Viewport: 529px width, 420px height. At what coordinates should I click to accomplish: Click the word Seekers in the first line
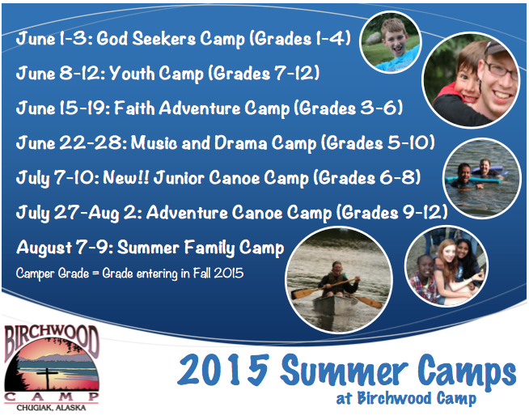tap(163, 38)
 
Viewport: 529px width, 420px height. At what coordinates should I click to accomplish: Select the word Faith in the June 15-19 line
tap(134, 108)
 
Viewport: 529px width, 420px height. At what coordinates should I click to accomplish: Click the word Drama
tap(241, 142)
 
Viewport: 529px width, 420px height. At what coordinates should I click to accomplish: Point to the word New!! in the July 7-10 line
tap(126, 177)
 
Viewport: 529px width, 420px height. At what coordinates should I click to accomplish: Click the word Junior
tap(179, 177)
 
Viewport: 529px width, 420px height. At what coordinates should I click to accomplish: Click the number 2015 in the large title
tap(224, 370)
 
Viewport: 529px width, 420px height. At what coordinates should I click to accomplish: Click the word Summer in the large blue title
tap(344, 371)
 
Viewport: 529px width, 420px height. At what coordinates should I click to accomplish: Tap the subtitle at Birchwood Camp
tap(406, 398)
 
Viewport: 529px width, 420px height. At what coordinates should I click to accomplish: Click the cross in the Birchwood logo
tap(47, 378)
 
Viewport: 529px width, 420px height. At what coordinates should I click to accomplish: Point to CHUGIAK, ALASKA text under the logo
tap(51, 408)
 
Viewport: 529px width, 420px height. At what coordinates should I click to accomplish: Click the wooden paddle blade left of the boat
tap(301, 293)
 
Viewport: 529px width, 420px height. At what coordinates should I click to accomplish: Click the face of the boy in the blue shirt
tap(395, 39)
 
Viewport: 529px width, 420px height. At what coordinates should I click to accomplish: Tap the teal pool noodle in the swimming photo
tap(472, 180)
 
